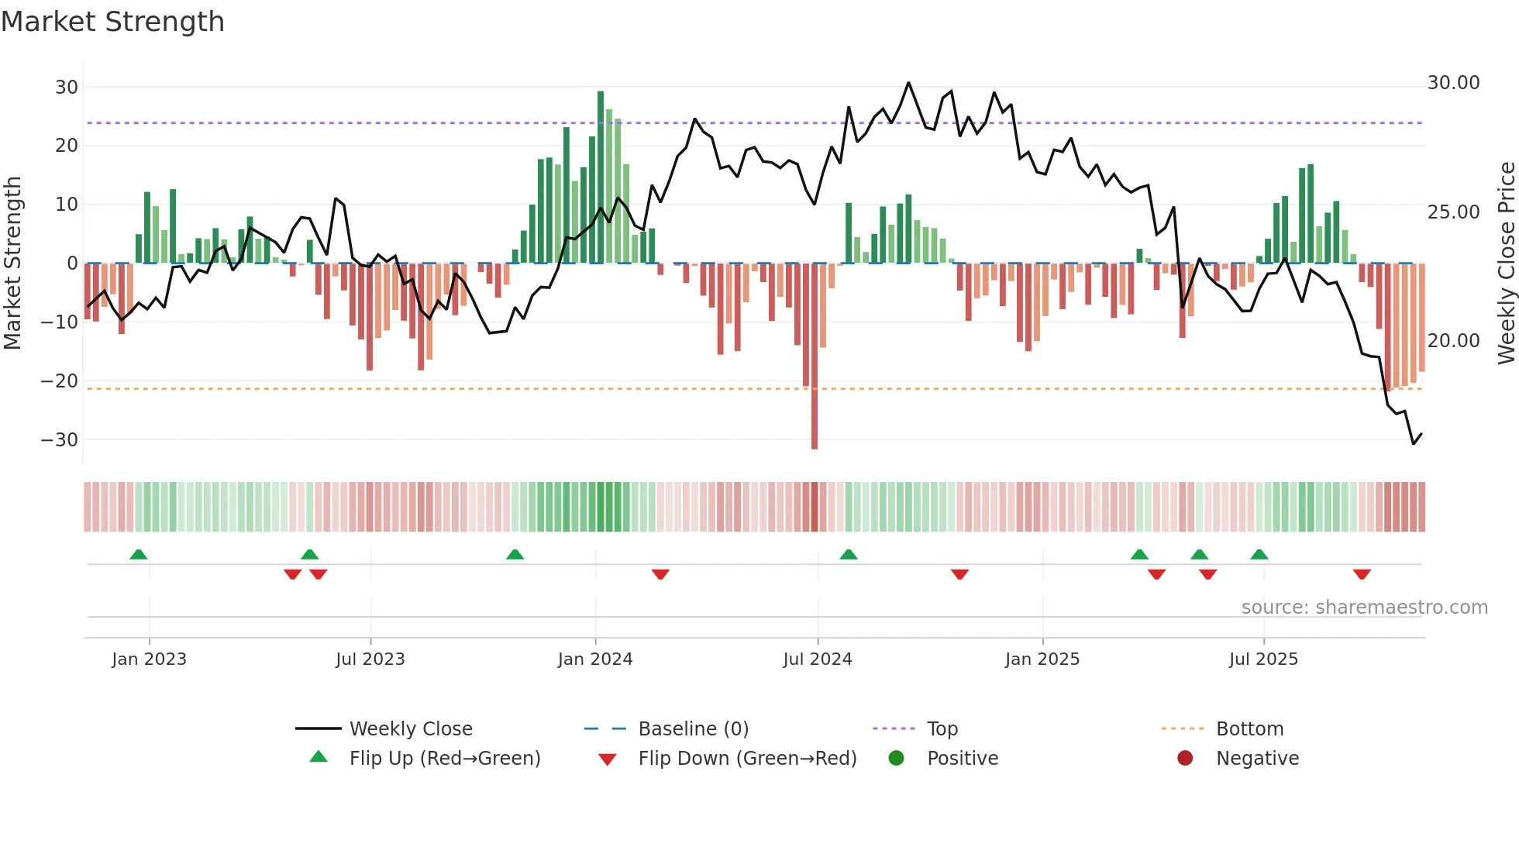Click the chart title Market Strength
click(x=112, y=22)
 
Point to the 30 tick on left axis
click(x=67, y=87)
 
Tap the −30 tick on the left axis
click(x=60, y=439)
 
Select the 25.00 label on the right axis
click(x=1453, y=212)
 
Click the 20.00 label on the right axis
click(x=1453, y=340)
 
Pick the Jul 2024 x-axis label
click(x=817, y=659)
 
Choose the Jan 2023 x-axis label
click(x=149, y=659)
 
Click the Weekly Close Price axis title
click(x=1506, y=263)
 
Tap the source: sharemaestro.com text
click(x=1364, y=607)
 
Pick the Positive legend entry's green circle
click(x=896, y=758)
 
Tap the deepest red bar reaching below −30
click(x=815, y=387)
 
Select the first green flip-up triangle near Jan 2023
click(x=139, y=554)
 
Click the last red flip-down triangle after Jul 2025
click(x=1362, y=574)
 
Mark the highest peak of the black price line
click(x=908, y=83)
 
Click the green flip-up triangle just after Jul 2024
click(x=849, y=554)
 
